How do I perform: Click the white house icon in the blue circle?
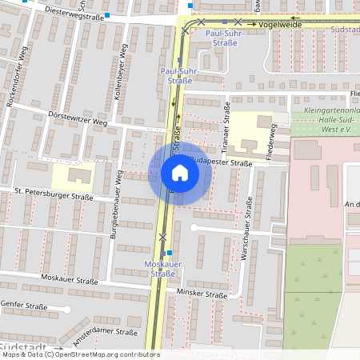click(180, 172)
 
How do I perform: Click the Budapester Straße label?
click(223, 162)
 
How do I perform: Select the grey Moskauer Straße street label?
click(68, 281)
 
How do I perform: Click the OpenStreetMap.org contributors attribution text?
click(109, 354)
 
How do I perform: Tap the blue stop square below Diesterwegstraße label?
click(106, 15)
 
